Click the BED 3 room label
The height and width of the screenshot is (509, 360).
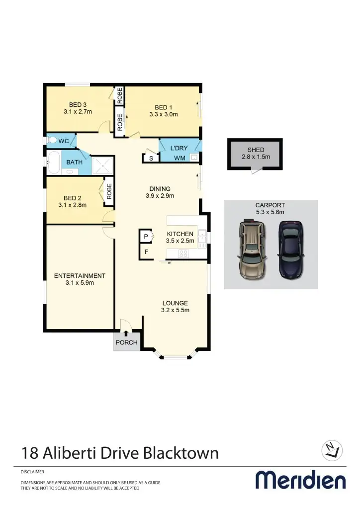pos(78,104)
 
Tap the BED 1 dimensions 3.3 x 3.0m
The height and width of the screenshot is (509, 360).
pos(163,114)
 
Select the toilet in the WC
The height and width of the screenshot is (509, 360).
pos(52,141)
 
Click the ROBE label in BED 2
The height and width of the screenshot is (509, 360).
pos(109,191)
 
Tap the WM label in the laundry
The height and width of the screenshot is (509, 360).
pos(179,158)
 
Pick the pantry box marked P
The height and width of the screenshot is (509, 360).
pos(146,237)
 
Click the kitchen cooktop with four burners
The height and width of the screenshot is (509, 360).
pos(183,254)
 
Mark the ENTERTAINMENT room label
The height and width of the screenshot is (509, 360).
pos(80,276)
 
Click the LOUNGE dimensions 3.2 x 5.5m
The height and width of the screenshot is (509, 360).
pos(175,310)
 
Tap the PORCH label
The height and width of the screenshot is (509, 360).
pos(126,342)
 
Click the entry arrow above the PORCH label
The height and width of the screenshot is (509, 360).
pos(126,334)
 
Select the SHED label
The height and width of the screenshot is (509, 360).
pos(256,150)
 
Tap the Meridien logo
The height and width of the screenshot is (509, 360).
pos(300,480)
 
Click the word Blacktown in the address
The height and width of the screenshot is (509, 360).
pos(181,453)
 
